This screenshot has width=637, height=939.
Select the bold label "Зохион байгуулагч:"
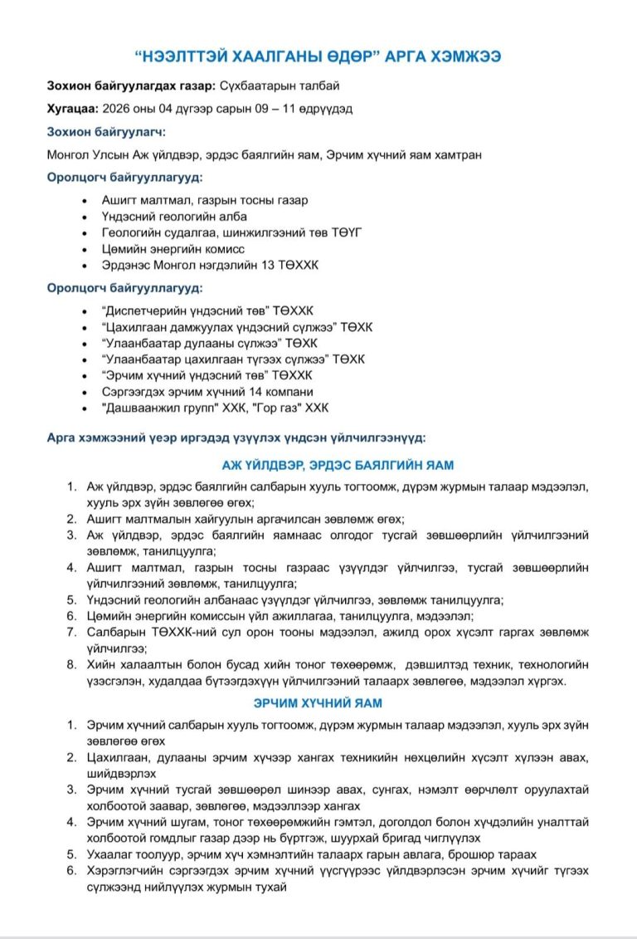[105, 131]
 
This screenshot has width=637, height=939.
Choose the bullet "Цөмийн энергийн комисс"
[173, 248]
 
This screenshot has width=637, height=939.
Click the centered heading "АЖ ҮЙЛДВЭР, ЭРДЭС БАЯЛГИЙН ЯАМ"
[337, 466]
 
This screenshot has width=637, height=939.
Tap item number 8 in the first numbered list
[72, 665]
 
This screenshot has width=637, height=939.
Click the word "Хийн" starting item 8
[100, 665]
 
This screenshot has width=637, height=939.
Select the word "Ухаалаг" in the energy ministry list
[110, 853]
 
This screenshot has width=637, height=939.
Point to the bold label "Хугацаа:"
[73, 108]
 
